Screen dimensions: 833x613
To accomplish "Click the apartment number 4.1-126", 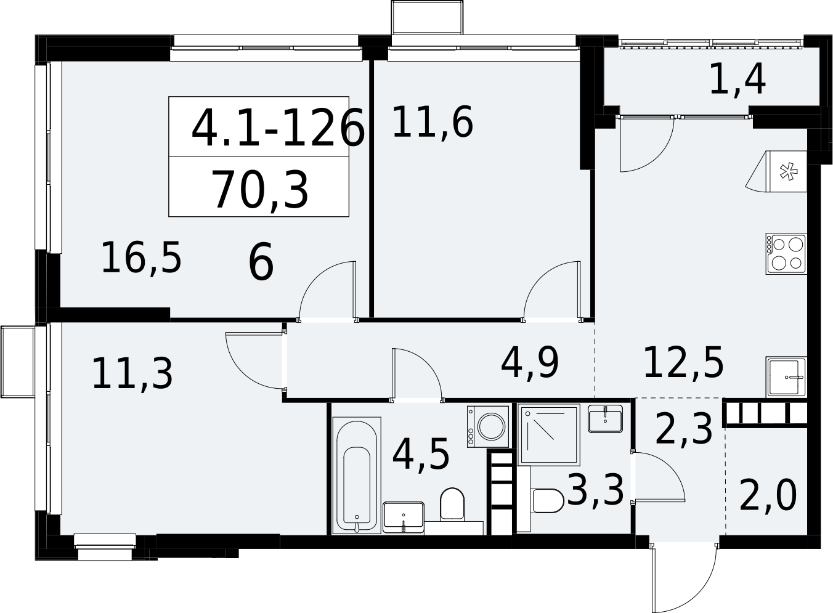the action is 278,127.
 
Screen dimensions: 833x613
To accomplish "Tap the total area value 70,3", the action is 259,190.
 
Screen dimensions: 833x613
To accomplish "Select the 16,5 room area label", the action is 141,258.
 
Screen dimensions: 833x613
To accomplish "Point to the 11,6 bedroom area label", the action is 433,122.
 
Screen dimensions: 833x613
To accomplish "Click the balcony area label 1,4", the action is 738,80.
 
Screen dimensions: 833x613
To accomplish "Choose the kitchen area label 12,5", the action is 683,363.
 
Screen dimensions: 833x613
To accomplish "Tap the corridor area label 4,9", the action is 529,363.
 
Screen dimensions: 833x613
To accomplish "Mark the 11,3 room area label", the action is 132,374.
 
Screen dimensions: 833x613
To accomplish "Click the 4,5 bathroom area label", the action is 421,455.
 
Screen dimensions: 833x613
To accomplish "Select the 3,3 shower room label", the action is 595,490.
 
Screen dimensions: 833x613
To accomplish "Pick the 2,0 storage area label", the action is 768,495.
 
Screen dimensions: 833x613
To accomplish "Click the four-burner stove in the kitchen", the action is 786,254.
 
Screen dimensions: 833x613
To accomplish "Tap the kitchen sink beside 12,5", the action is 786,377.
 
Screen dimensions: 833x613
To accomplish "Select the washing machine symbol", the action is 488,426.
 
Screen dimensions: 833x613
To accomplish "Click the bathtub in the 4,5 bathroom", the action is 357,476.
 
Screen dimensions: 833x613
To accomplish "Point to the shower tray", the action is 548,434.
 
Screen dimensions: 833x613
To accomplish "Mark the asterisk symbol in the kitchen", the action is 789,171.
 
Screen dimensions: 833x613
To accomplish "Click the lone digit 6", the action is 261,261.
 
